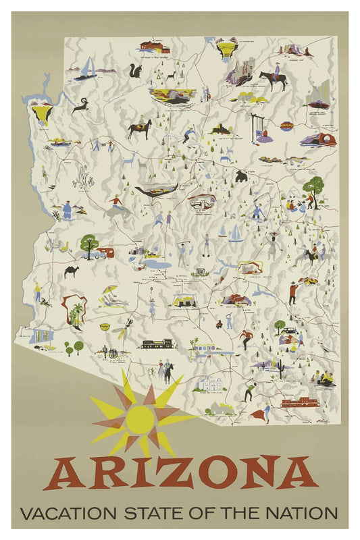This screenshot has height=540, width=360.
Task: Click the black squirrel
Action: (x=135, y=71)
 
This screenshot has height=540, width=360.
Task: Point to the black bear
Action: (x=240, y=176)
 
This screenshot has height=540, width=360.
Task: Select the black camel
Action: (x=72, y=271)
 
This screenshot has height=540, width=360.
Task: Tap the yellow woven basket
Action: (x=105, y=327)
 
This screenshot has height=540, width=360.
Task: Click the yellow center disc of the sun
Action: (x=140, y=419)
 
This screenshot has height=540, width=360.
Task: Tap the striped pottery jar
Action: (x=286, y=126)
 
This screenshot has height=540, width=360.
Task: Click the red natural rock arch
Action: (x=317, y=140)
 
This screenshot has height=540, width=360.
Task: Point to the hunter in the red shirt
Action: (x=292, y=292)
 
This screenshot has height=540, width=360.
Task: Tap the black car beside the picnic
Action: (x=289, y=331)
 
